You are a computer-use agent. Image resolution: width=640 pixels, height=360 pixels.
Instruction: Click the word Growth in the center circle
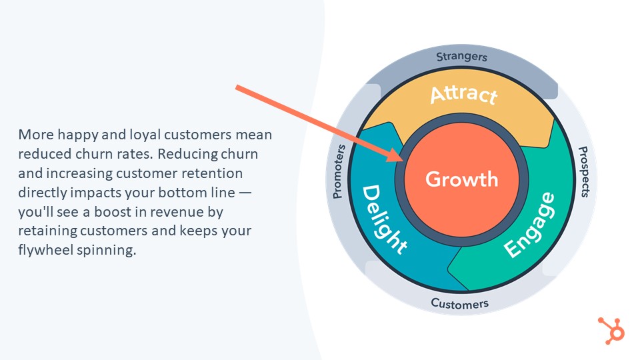[x=461, y=179]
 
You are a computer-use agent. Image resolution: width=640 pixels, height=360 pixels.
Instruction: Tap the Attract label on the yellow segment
[x=464, y=94]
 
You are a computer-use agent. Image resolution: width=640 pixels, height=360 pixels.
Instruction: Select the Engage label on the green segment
[x=530, y=225]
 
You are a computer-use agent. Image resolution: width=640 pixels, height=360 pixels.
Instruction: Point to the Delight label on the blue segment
[x=384, y=220]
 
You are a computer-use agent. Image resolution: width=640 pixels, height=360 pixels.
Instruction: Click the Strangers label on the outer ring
[x=461, y=57]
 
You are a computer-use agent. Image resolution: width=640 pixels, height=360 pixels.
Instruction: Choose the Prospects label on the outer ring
[x=585, y=172]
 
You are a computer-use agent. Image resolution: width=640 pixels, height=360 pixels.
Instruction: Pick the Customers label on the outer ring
[x=459, y=304]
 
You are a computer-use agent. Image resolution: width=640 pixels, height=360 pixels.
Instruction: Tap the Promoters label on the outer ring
[x=339, y=171]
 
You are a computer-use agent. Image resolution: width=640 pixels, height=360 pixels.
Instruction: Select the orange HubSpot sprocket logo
[x=611, y=330]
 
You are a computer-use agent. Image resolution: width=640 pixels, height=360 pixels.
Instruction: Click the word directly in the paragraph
[x=43, y=193]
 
